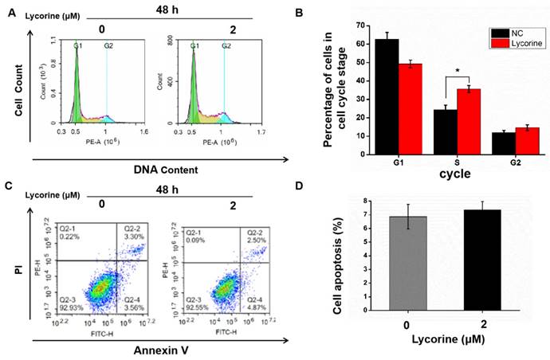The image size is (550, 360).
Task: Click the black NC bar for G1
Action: tap(388, 96)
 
